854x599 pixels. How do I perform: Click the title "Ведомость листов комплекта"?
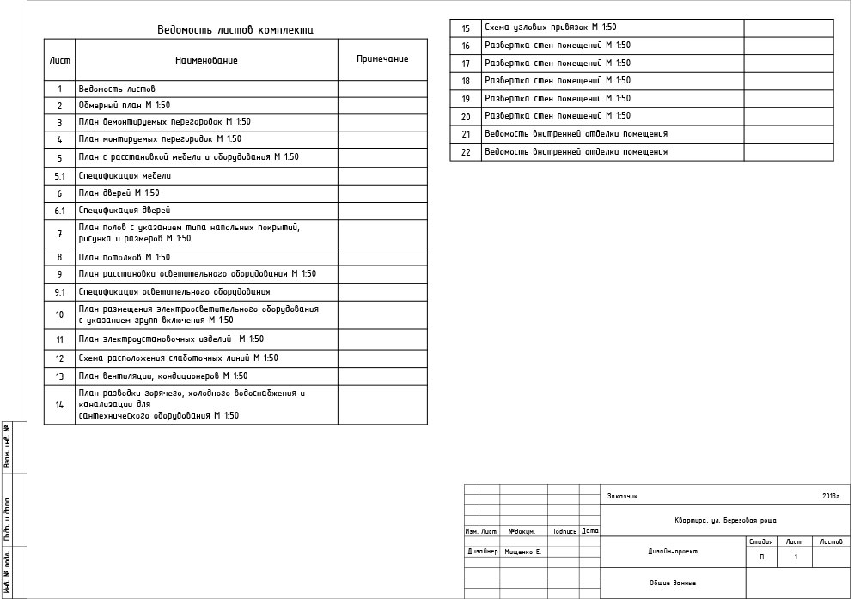click(x=235, y=30)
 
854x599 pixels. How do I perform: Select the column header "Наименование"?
click(x=206, y=60)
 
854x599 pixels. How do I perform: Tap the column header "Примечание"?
click(x=382, y=59)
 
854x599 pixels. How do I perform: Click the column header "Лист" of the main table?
click(x=60, y=60)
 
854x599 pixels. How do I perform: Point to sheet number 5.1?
click(x=60, y=176)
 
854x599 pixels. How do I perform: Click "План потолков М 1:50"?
click(x=124, y=257)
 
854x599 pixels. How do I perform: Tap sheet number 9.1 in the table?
click(x=60, y=292)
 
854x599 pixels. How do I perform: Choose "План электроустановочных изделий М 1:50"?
click(x=171, y=339)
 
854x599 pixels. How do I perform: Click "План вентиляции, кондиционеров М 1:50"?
click(x=162, y=376)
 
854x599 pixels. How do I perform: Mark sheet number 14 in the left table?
click(x=60, y=405)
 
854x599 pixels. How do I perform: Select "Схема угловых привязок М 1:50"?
click(x=550, y=28)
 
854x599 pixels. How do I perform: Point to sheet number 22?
click(x=467, y=152)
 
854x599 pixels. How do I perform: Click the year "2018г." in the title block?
click(x=831, y=496)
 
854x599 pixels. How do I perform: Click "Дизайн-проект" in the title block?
click(x=673, y=552)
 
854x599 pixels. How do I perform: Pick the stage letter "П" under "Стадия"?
click(x=761, y=558)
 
